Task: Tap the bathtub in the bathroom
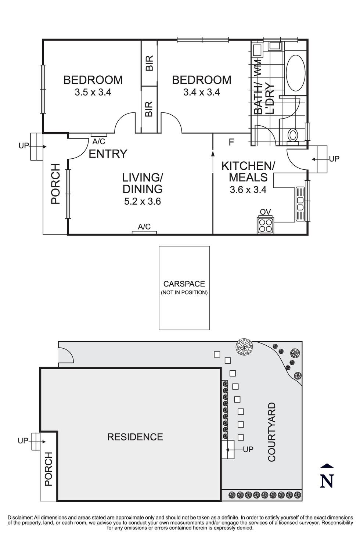(295, 73)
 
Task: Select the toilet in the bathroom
(293, 135)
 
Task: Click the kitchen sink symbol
(300, 204)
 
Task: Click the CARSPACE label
(184, 284)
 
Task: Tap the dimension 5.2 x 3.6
(143, 201)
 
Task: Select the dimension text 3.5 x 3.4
(93, 92)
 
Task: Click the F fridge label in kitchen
(231, 143)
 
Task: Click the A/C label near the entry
(99, 141)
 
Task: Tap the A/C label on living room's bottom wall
(144, 227)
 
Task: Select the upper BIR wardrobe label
(149, 63)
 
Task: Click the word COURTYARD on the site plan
(272, 432)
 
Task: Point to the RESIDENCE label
(135, 437)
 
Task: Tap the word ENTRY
(108, 154)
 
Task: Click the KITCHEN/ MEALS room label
(248, 172)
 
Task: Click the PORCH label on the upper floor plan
(55, 184)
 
